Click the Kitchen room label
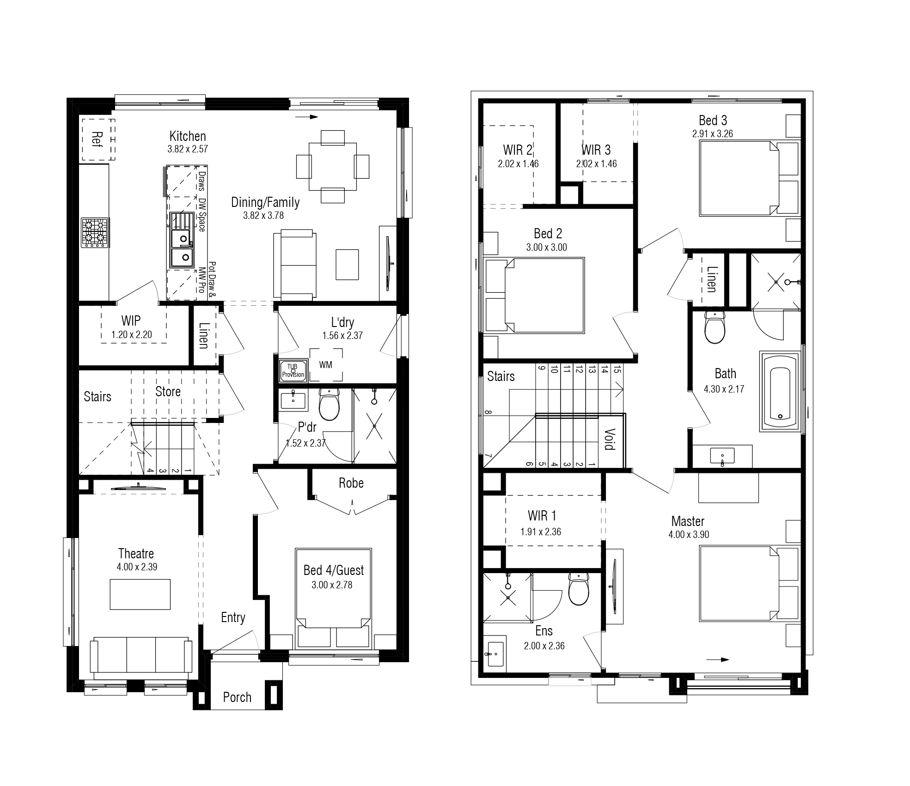(188, 136)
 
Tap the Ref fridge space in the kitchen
(98, 139)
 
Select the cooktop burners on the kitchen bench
(95, 232)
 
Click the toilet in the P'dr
(329, 404)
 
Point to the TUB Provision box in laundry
(293, 371)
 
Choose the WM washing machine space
(326, 365)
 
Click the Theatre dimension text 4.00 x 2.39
(137, 567)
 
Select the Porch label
(237, 697)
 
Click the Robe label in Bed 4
(351, 483)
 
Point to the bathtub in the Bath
(780, 391)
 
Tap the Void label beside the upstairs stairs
(610, 439)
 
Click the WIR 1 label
(542, 515)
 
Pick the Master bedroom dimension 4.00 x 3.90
(689, 534)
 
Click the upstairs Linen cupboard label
(712, 279)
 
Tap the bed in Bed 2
(534, 296)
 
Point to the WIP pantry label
(131, 320)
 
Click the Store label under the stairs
(168, 392)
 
